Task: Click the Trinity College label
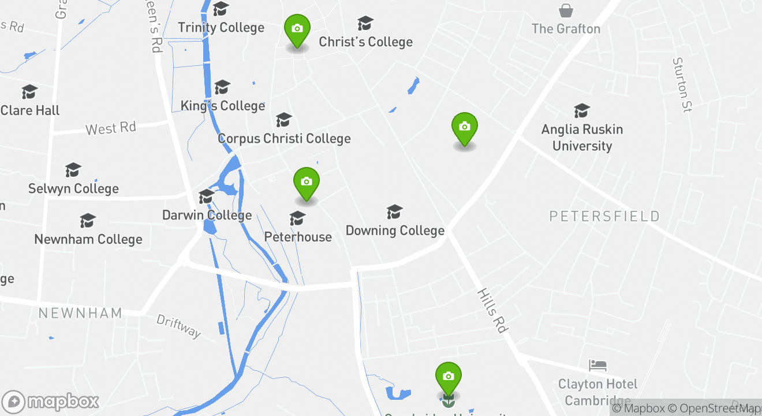point(221,28)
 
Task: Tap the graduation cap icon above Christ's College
point(365,24)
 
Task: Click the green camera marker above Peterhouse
point(307,183)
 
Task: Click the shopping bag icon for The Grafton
point(566,10)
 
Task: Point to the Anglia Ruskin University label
point(582,138)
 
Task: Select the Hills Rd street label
point(492,310)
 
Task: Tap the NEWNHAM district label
point(80,313)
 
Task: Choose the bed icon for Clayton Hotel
point(597,365)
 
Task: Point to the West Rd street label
point(110,128)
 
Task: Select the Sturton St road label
point(682,85)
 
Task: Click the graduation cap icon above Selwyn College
point(73,170)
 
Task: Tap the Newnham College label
point(88,239)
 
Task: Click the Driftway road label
point(179,326)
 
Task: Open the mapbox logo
point(51,402)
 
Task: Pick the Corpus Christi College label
point(284,139)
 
